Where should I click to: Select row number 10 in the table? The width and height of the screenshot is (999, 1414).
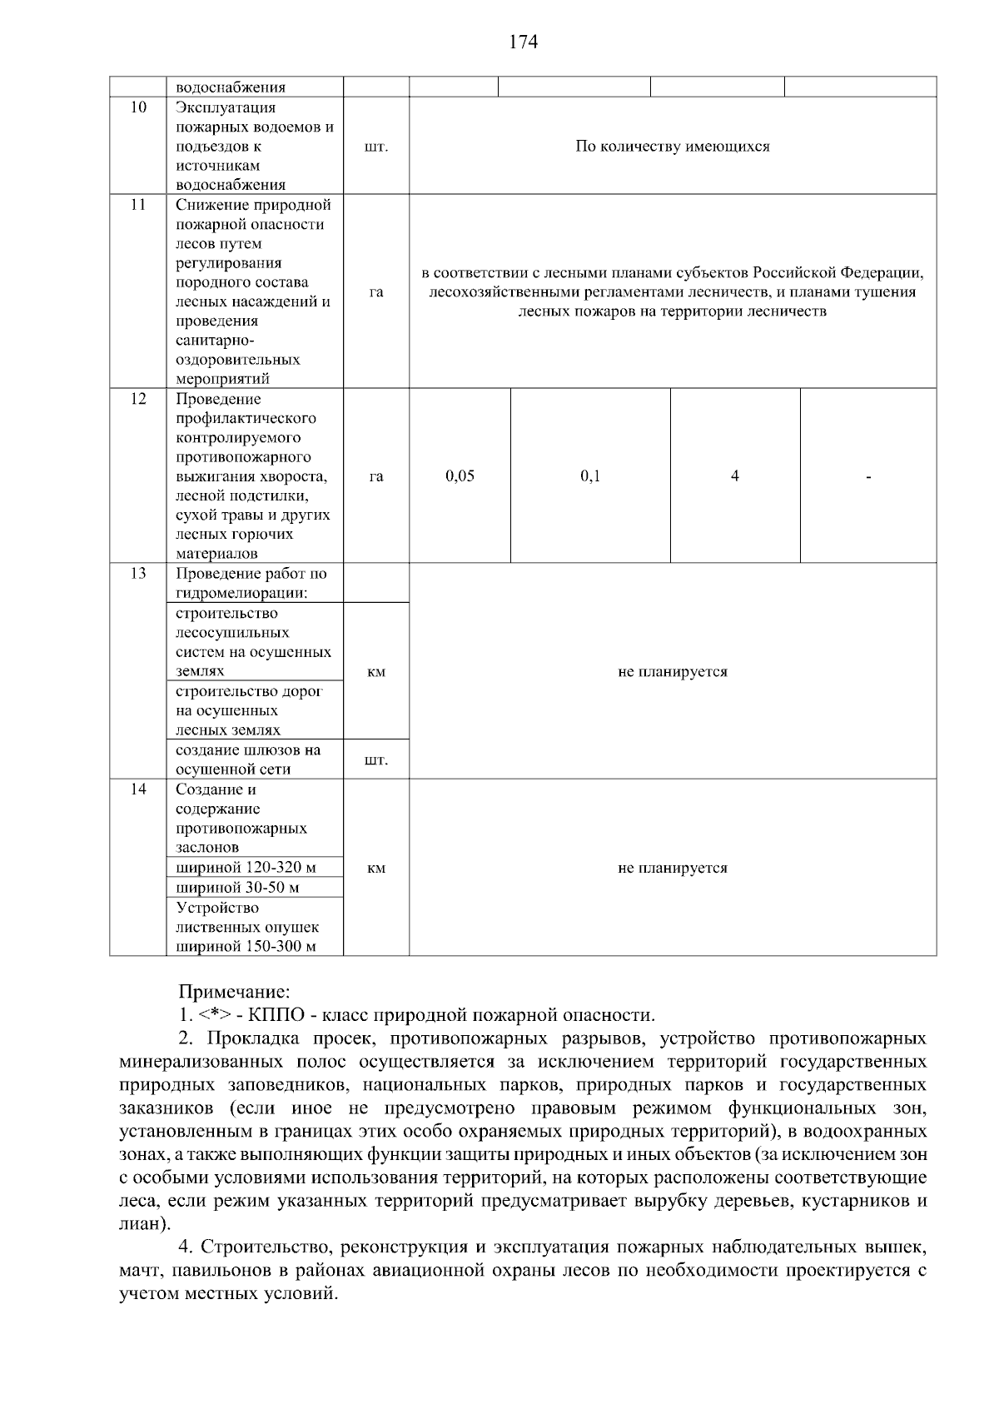coord(138,107)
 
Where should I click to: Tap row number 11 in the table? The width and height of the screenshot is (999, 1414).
coord(138,205)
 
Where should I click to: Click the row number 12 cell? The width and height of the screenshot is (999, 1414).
coord(138,399)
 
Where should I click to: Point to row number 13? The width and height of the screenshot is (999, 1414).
coord(138,574)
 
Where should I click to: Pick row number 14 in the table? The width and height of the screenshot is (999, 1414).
coord(138,789)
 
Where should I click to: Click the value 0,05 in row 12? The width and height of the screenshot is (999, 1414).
coord(460,476)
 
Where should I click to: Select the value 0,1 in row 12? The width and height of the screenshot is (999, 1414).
coord(590,476)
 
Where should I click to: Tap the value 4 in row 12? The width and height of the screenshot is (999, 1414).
coord(735,476)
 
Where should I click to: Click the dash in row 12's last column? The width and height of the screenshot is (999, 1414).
coord(868,478)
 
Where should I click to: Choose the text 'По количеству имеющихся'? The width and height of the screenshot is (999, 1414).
coord(673,147)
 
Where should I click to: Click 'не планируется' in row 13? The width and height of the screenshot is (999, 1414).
coord(673,672)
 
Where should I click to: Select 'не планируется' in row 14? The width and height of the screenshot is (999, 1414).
coord(673,868)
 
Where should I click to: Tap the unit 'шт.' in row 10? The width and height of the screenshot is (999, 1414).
coord(376,147)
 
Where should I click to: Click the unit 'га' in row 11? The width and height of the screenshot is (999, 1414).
coord(376,291)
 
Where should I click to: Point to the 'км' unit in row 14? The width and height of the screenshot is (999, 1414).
coord(376,869)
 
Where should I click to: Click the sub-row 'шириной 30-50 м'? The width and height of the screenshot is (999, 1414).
coord(237,888)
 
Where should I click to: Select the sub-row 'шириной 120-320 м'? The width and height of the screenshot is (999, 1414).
coord(246,868)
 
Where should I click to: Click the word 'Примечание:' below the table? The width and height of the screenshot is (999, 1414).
coord(235,992)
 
